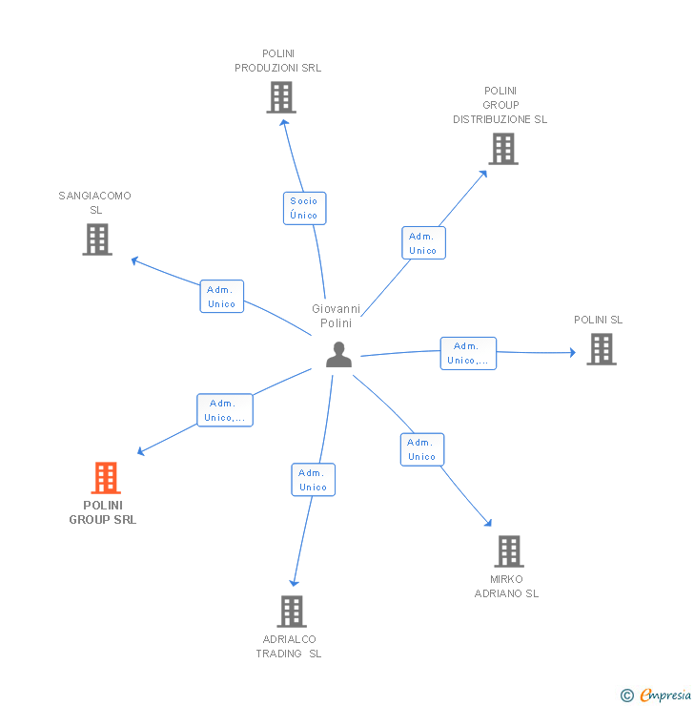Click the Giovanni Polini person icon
point(338,355)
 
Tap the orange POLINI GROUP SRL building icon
point(106,478)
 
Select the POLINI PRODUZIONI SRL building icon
point(280,97)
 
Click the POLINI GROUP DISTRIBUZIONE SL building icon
point(503,149)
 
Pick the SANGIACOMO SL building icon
point(97,239)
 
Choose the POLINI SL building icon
point(601,349)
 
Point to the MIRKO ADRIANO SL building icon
point(509,551)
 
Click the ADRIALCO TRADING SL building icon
point(291,612)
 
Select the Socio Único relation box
point(304,208)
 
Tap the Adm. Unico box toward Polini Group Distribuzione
point(423,243)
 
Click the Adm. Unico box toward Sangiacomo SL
point(222,297)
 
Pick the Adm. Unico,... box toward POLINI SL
point(468,353)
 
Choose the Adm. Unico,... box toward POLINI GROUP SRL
point(225,410)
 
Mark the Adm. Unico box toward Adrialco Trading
point(313,480)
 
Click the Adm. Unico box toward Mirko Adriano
point(421,449)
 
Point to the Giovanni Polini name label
point(337,316)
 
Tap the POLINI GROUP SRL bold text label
point(103,512)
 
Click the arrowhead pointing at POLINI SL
point(572,352)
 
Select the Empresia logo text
point(664,696)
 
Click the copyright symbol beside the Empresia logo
point(626,696)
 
